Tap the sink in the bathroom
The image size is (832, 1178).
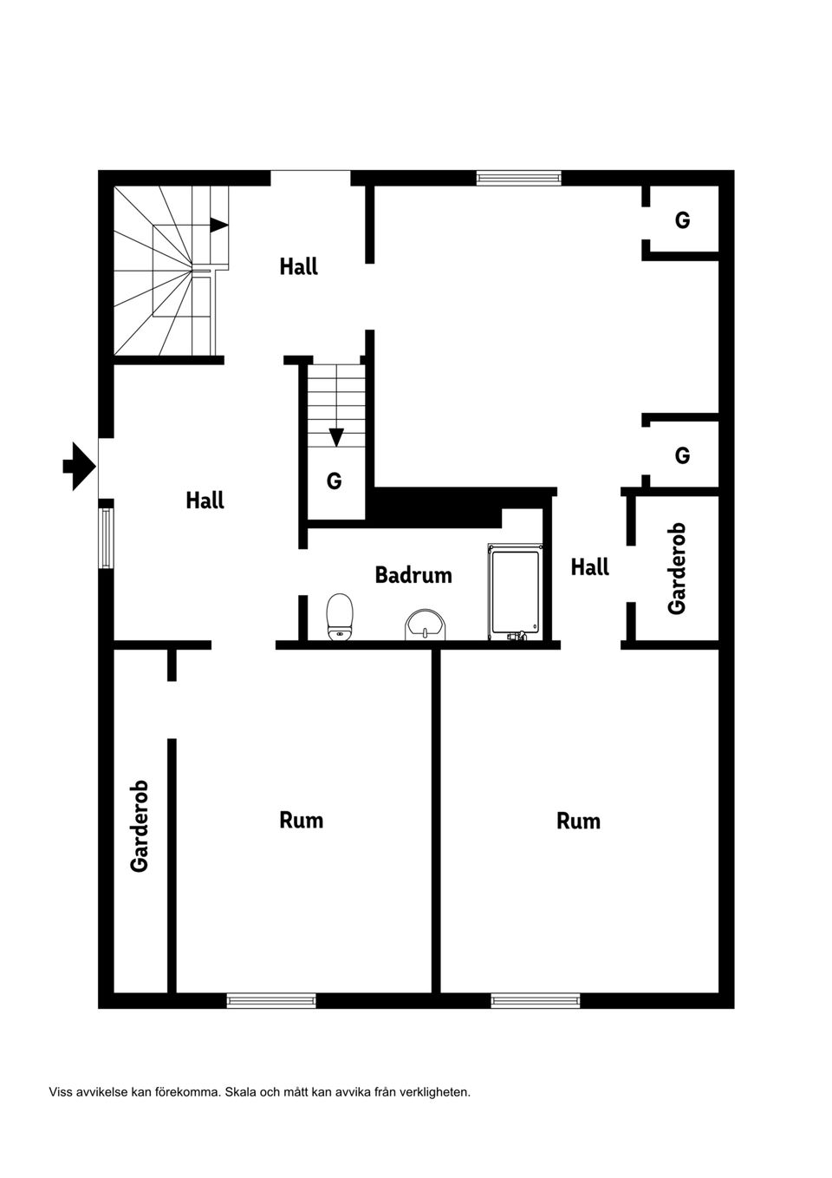pos(426,624)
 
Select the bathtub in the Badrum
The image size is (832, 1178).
pos(516,592)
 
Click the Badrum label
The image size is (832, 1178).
pos(413,575)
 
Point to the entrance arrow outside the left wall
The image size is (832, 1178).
pos(79,467)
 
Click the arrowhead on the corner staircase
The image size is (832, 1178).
pos(218,225)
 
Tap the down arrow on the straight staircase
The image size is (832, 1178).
pos(336,437)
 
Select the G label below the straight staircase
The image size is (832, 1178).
pos(334,481)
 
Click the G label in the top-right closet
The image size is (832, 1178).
pos(682,220)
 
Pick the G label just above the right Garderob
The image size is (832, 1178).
pos(682,455)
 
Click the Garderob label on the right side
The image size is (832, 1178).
pos(677,568)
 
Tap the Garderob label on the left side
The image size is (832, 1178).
pos(140,826)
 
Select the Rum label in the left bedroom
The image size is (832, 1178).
pos(301,820)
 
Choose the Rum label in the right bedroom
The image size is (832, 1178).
pos(578,821)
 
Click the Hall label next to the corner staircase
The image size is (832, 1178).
pos(298,266)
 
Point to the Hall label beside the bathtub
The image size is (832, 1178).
pos(589,567)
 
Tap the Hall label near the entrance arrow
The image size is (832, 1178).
pos(205,501)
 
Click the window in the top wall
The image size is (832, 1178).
pos(518,178)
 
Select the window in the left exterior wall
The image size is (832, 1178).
pos(106,538)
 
